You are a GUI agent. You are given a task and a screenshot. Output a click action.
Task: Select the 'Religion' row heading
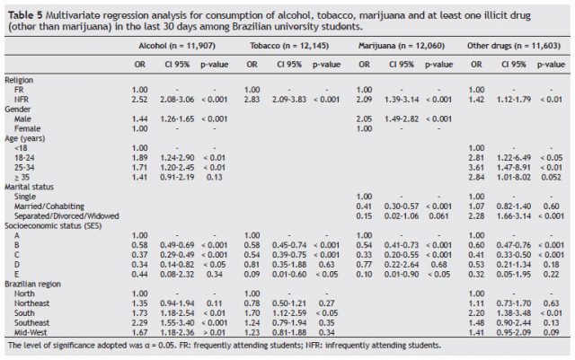click(22, 81)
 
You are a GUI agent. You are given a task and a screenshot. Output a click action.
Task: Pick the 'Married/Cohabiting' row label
click(49, 206)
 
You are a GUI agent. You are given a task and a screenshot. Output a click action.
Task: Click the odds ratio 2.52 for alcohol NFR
click(139, 99)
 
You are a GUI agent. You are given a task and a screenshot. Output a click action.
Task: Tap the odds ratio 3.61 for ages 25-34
click(478, 167)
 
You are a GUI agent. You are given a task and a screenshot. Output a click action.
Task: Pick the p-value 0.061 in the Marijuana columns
click(444, 215)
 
